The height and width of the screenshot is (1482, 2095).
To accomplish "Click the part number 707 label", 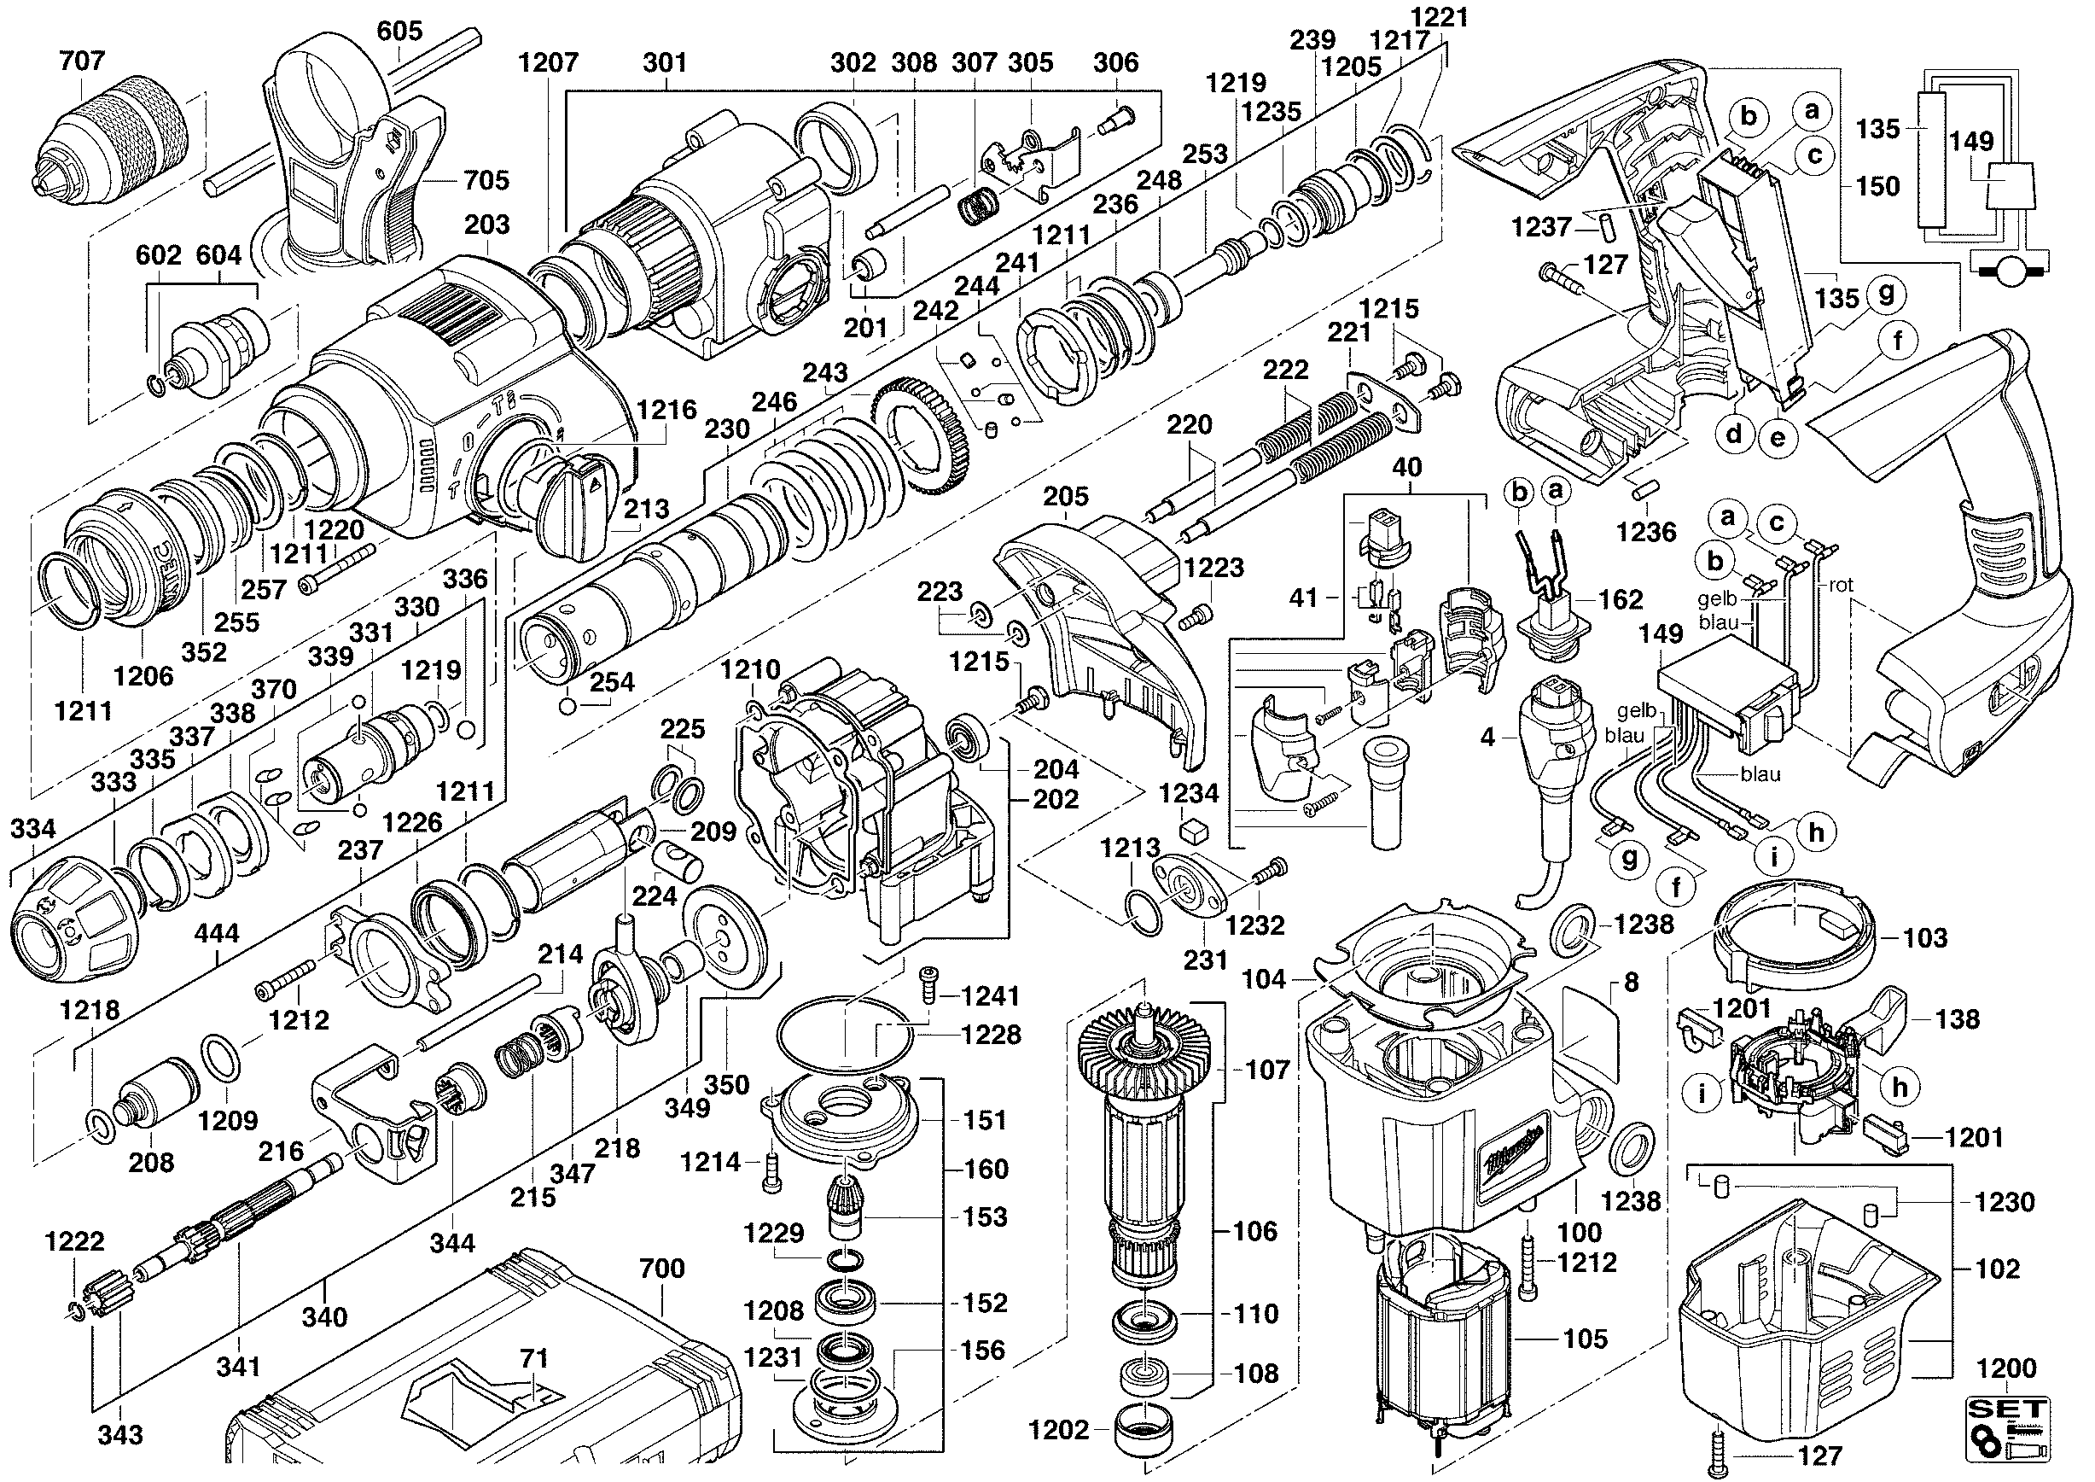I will pos(82,61).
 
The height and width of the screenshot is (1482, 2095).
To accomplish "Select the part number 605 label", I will pos(399,31).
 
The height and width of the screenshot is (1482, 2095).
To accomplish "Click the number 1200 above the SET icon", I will pos(2006,1368).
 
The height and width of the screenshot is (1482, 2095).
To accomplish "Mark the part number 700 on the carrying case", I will pos(661,1269).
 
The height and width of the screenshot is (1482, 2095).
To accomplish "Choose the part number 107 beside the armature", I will pos(1267,1070).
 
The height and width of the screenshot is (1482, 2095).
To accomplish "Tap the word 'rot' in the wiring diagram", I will pos(1842,585).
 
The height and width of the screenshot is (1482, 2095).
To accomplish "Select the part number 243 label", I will pos(825,372).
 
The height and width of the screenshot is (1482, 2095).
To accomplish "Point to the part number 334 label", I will pos(32,829).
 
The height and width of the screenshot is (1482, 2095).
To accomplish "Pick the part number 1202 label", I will pos(1058,1430).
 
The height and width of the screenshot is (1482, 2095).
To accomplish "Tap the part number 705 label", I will pos(486,180).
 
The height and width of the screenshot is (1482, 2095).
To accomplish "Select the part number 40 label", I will pos(1407,467).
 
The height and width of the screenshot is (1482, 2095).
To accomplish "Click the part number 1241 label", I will pos(990,995).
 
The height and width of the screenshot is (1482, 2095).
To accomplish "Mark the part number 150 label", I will pos(1878,186).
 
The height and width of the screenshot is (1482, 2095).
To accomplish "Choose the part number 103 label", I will pos(1925,937).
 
